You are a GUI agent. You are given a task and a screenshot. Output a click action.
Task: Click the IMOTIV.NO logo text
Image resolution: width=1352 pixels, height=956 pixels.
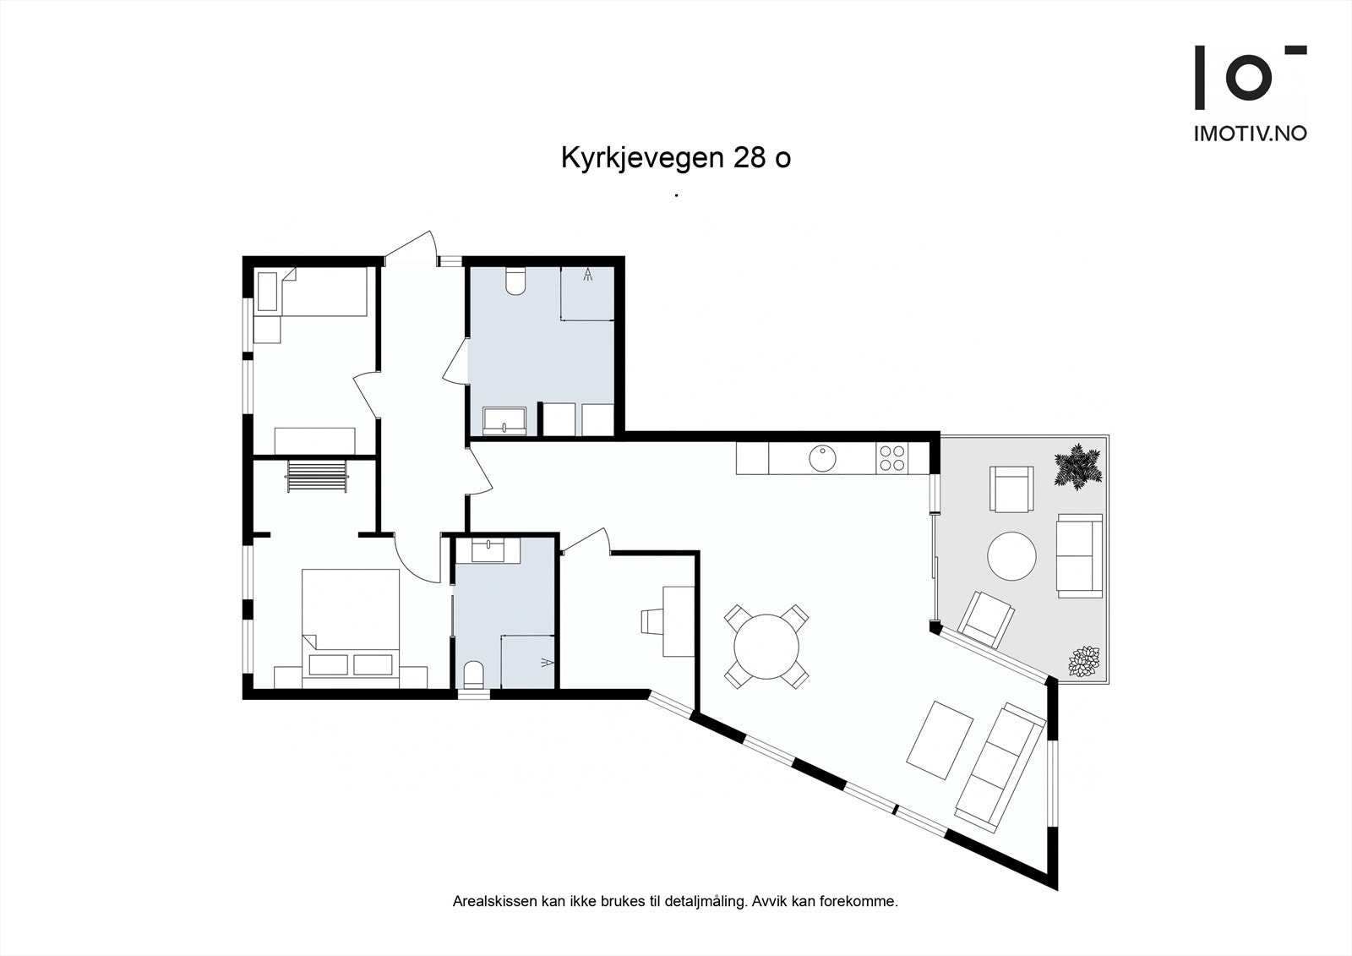point(1250,134)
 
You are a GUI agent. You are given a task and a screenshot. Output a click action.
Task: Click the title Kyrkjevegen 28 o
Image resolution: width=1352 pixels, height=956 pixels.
point(675,158)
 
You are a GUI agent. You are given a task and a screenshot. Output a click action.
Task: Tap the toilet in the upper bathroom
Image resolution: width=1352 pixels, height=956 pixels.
point(515,281)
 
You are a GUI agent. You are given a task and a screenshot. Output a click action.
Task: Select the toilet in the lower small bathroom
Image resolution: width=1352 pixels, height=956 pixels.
point(473,674)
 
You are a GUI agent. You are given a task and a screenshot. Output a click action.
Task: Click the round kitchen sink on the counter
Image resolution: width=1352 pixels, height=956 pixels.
point(822,458)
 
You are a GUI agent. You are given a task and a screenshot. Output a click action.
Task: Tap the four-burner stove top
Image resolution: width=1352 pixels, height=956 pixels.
point(891,458)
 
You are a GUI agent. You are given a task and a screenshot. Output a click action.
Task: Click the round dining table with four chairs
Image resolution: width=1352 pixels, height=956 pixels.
point(766,647)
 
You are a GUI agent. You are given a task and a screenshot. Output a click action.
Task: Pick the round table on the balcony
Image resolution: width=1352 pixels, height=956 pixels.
point(1012,555)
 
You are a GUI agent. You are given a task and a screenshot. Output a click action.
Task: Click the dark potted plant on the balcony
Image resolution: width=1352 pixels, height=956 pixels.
point(1077,467)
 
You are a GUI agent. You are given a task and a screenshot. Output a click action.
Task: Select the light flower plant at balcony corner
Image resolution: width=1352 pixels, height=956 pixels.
point(1083,661)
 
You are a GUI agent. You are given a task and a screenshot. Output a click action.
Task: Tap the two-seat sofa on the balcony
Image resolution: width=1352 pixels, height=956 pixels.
point(1079,555)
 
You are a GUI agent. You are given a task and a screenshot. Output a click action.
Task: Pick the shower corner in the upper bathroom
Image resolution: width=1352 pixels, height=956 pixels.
point(587,293)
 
